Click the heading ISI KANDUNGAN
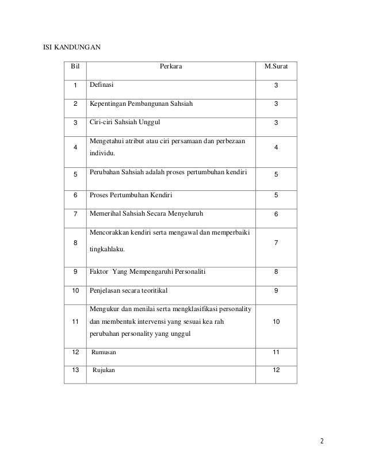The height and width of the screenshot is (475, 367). (x=73, y=47)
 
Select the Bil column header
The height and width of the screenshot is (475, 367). (x=75, y=67)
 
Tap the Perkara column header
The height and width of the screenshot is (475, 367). (x=171, y=67)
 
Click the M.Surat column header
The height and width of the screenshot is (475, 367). (x=276, y=67)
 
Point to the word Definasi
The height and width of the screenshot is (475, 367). (x=101, y=85)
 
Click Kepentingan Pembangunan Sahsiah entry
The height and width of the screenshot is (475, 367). (x=141, y=104)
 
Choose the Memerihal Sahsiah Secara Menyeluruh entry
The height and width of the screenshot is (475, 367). (x=146, y=214)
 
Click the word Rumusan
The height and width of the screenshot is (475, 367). (x=104, y=351)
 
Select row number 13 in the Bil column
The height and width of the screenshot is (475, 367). (x=75, y=370)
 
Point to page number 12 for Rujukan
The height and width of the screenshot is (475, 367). (x=276, y=370)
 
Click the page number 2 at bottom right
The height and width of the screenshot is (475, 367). (x=323, y=442)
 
